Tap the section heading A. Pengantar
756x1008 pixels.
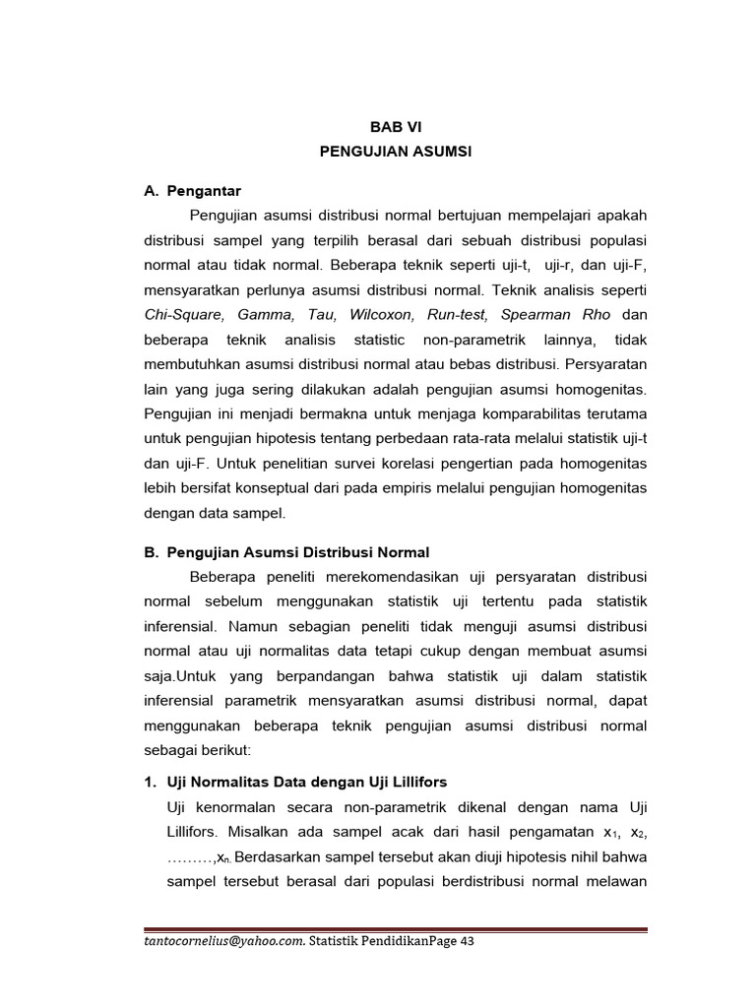click(192, 190)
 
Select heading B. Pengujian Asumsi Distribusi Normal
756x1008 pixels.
click(286, 552)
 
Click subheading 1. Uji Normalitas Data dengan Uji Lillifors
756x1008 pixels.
click(295, 782)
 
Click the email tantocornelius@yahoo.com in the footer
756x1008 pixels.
click(224, 941)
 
